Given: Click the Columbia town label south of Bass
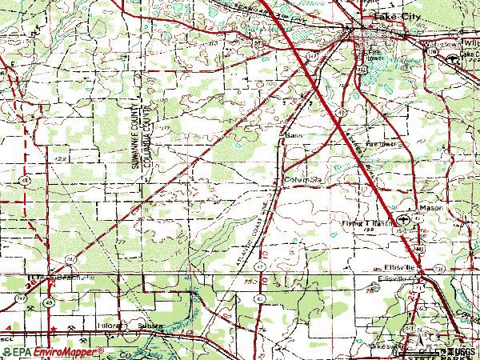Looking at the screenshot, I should (x=303, y=180).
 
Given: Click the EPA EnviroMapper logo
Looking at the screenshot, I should (x=53, y=351).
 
